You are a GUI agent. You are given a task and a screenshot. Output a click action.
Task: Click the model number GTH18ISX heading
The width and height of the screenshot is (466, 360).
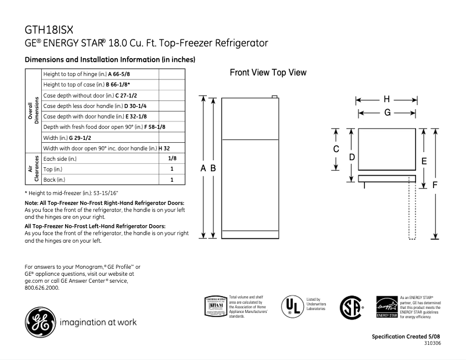49,30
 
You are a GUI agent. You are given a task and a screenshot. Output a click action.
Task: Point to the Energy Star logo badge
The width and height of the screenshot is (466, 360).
386,307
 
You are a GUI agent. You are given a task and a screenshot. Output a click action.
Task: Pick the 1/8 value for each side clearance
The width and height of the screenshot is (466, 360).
172,158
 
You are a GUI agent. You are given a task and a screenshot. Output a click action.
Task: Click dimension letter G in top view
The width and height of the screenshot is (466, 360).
386,113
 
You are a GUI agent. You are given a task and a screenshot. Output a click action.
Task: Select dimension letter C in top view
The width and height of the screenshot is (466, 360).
336,149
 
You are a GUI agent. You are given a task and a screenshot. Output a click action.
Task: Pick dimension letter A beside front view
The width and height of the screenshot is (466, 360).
203,168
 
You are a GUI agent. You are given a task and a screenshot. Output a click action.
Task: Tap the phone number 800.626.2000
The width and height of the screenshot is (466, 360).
42,287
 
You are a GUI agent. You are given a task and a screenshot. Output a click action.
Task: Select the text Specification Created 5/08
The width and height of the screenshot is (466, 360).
406,337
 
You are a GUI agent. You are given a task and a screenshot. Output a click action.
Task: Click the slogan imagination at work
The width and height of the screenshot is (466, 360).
99,322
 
